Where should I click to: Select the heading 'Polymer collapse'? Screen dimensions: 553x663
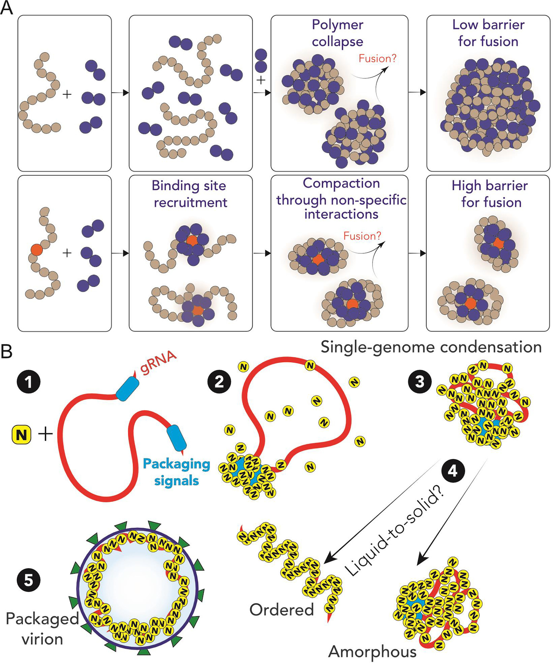point(337,33)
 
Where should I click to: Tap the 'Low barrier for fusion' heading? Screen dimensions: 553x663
point(488,33)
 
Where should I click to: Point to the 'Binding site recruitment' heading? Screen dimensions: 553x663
point(189,194)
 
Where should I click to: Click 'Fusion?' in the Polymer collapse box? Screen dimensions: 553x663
point(378,59)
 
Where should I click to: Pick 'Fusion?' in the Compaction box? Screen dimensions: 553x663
point(362,236)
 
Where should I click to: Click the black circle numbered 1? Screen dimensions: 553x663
point(29,382)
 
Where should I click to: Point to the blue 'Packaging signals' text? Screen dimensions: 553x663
point(176,472)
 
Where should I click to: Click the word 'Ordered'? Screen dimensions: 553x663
point(282,609)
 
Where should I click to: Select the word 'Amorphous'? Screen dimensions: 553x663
point(372,651)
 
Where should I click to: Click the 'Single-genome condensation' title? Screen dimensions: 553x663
point(431,347)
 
